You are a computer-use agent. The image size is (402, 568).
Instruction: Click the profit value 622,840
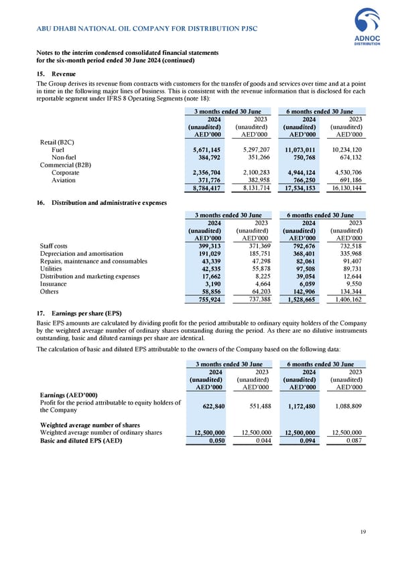click(210, 407)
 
